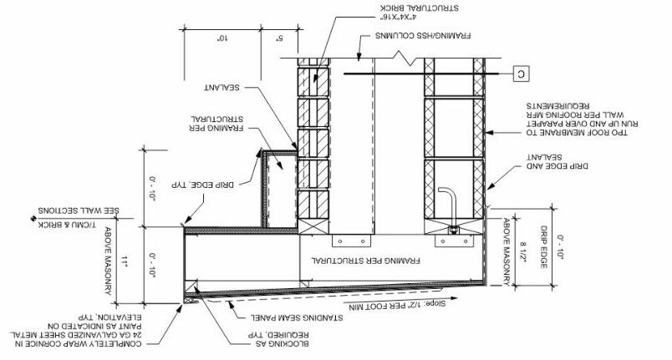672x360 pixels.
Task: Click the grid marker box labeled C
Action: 520,74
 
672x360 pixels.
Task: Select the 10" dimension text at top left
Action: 222,38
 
